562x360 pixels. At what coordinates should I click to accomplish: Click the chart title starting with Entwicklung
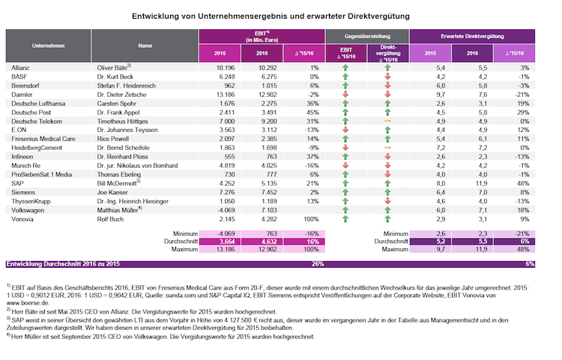tap(271, 16)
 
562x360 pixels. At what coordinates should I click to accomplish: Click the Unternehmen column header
tap(49, 46)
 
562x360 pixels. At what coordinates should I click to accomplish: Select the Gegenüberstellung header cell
tap(367, 36)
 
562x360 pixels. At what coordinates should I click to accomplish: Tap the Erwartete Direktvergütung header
tap(472, 36)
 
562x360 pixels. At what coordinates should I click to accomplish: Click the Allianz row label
tap(20, 67)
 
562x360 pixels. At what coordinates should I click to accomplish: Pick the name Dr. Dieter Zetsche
tap(121, 94)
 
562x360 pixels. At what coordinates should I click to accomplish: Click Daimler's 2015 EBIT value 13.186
tap(226, 94)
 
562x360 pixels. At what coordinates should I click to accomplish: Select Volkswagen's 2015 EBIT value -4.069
tap(226, 210)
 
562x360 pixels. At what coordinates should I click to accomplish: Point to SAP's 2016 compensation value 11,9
tap(481, 184)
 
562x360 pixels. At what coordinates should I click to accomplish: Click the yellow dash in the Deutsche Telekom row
tap(387, 121)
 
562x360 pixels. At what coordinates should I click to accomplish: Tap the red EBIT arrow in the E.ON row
tap(345, 130)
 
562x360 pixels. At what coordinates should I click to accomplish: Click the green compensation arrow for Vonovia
tap(387, 219)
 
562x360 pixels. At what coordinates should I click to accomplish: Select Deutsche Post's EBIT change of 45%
tap(312, 112)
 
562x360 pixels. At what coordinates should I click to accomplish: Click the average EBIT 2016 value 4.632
tap(268, 241)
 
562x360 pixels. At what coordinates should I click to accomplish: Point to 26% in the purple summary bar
tap(318, 264)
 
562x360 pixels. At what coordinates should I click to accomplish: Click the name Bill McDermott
tap(116, 184)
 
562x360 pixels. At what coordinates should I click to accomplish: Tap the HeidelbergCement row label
tap(37, 148)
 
